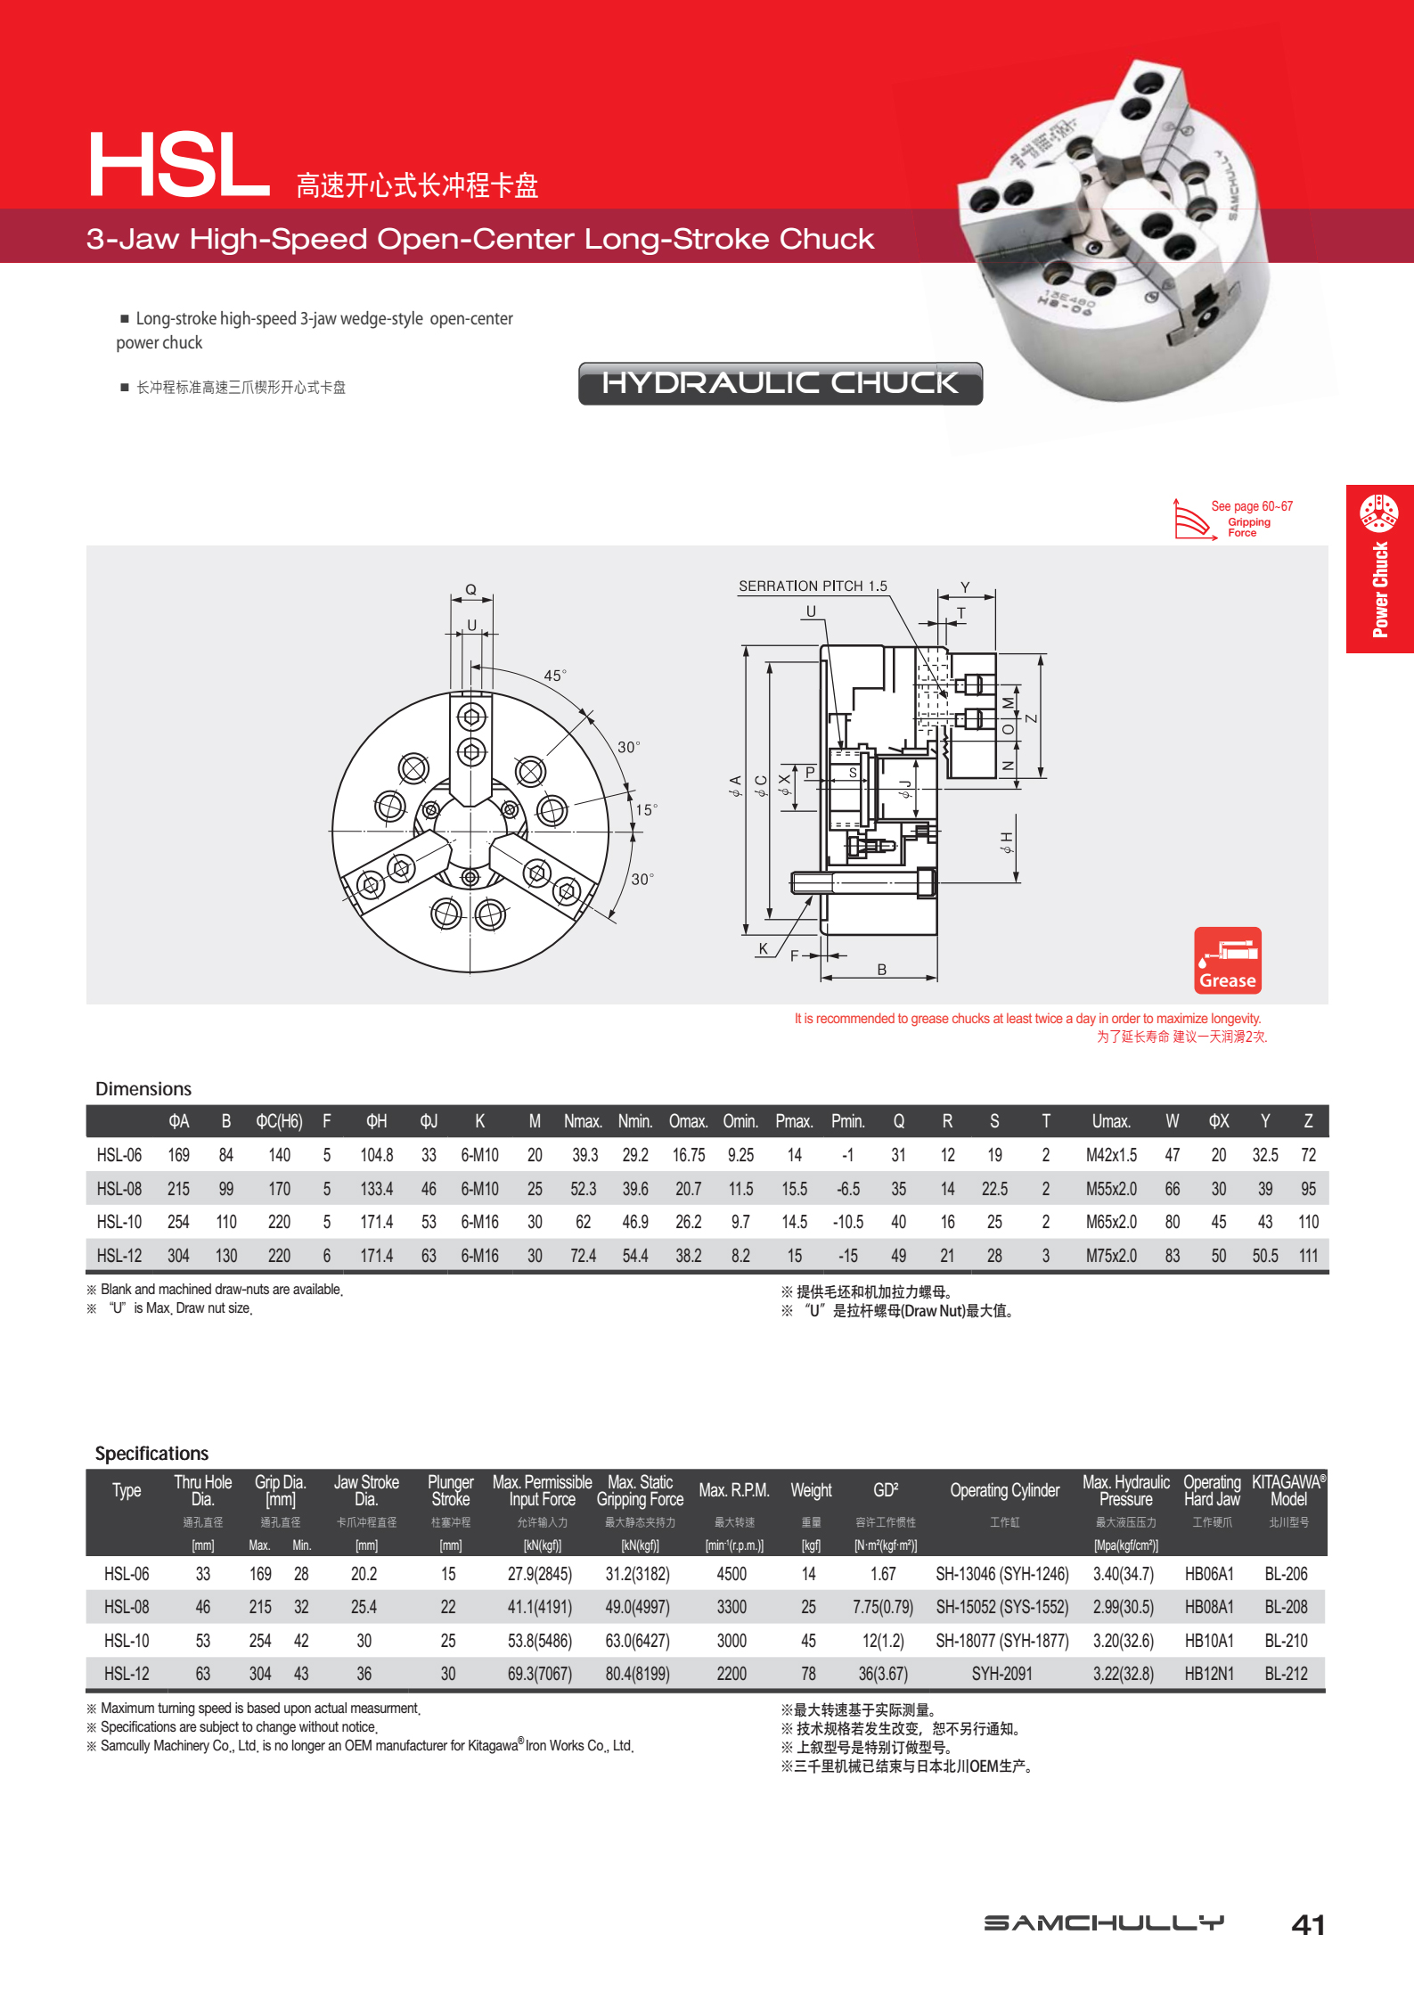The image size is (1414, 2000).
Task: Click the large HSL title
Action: point(178,166)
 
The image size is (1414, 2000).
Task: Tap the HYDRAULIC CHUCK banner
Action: point(780,383)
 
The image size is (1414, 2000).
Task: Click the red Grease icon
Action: point(1227,960)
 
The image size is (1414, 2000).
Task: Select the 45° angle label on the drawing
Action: point(554,676)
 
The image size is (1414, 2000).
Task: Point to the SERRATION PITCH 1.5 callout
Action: point(813,586)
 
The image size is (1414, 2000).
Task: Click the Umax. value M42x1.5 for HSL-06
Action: point(1111,1155)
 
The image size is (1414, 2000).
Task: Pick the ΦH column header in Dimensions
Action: point(376,1121)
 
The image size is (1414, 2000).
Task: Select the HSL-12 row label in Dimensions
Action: point(119,1256)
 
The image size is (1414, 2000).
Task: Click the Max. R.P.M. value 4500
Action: point(732,1574)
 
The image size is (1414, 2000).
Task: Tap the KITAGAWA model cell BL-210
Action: point(1286,1641)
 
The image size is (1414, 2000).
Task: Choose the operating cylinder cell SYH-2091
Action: point(1001,1674)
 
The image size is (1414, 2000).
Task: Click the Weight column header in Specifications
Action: point(811,1490)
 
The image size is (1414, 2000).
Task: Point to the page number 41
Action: point(1307,1925)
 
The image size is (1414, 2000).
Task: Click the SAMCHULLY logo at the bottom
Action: point(1104,1922)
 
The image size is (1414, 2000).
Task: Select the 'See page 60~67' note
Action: point(1251,506)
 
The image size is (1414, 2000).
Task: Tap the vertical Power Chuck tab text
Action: point(1380,589)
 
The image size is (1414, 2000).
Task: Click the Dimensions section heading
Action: point(143,1089)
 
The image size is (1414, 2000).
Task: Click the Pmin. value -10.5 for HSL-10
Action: point(847,1222)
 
